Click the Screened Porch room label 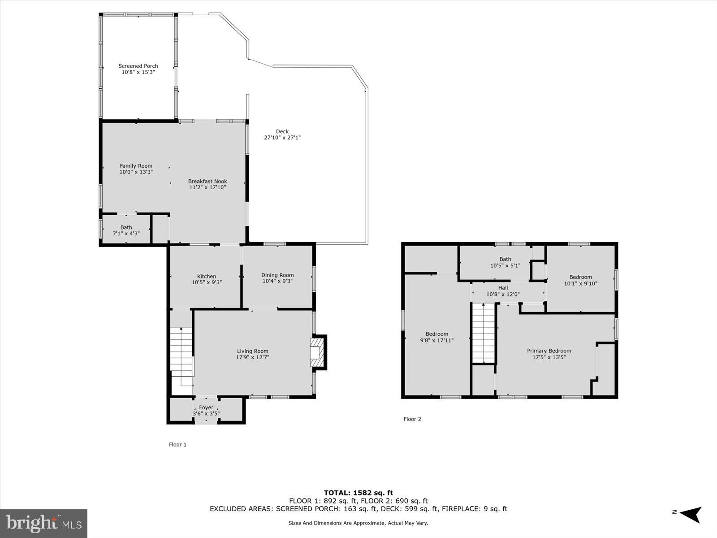[x=138, y=66]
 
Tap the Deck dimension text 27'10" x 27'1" [x=282, y=138]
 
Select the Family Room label [x=136, y=166]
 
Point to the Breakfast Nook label [x=207, y=181]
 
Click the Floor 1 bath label [x=126, y=227]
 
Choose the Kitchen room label [x=207, y=276]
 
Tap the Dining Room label [x=277, y=275]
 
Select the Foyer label [x=206, y=408]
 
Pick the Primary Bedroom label [x=549, y=351]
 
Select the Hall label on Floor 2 [x=503, y=288]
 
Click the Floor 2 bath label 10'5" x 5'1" [x=505, y=259]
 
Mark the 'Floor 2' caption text [x=412, y=419]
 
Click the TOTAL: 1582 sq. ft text [x=358, y=493]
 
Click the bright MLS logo [x=44, y=523]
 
